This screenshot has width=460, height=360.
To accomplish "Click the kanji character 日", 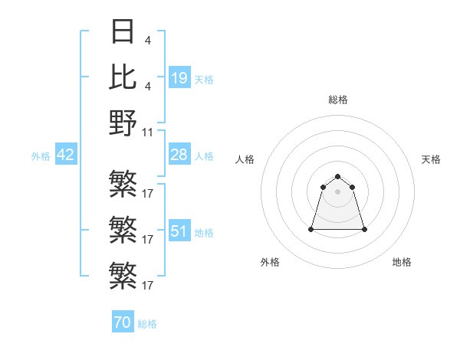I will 123,31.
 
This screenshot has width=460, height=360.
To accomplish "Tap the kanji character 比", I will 123,77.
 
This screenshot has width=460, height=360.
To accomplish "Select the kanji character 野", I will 123,123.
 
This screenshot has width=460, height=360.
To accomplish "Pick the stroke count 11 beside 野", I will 149,132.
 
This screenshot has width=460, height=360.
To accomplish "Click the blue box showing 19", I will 179,77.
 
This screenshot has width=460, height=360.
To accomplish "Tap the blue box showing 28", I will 179,155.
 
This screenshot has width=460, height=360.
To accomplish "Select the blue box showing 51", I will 179,231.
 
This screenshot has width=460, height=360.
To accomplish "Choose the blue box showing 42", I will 65,155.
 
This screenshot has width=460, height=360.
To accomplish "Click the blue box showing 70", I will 123,322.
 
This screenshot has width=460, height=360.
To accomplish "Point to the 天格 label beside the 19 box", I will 204,79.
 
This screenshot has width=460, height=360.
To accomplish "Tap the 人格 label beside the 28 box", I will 204,155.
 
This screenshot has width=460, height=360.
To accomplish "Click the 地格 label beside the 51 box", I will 204,232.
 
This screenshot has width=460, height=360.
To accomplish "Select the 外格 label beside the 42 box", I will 41,156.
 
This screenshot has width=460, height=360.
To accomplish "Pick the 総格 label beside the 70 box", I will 147,324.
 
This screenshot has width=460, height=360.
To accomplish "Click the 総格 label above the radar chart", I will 337,100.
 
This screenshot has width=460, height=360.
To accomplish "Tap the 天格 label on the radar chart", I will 431,159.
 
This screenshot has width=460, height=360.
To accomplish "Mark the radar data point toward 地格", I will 364,229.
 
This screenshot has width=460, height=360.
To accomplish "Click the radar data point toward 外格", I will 311,229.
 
